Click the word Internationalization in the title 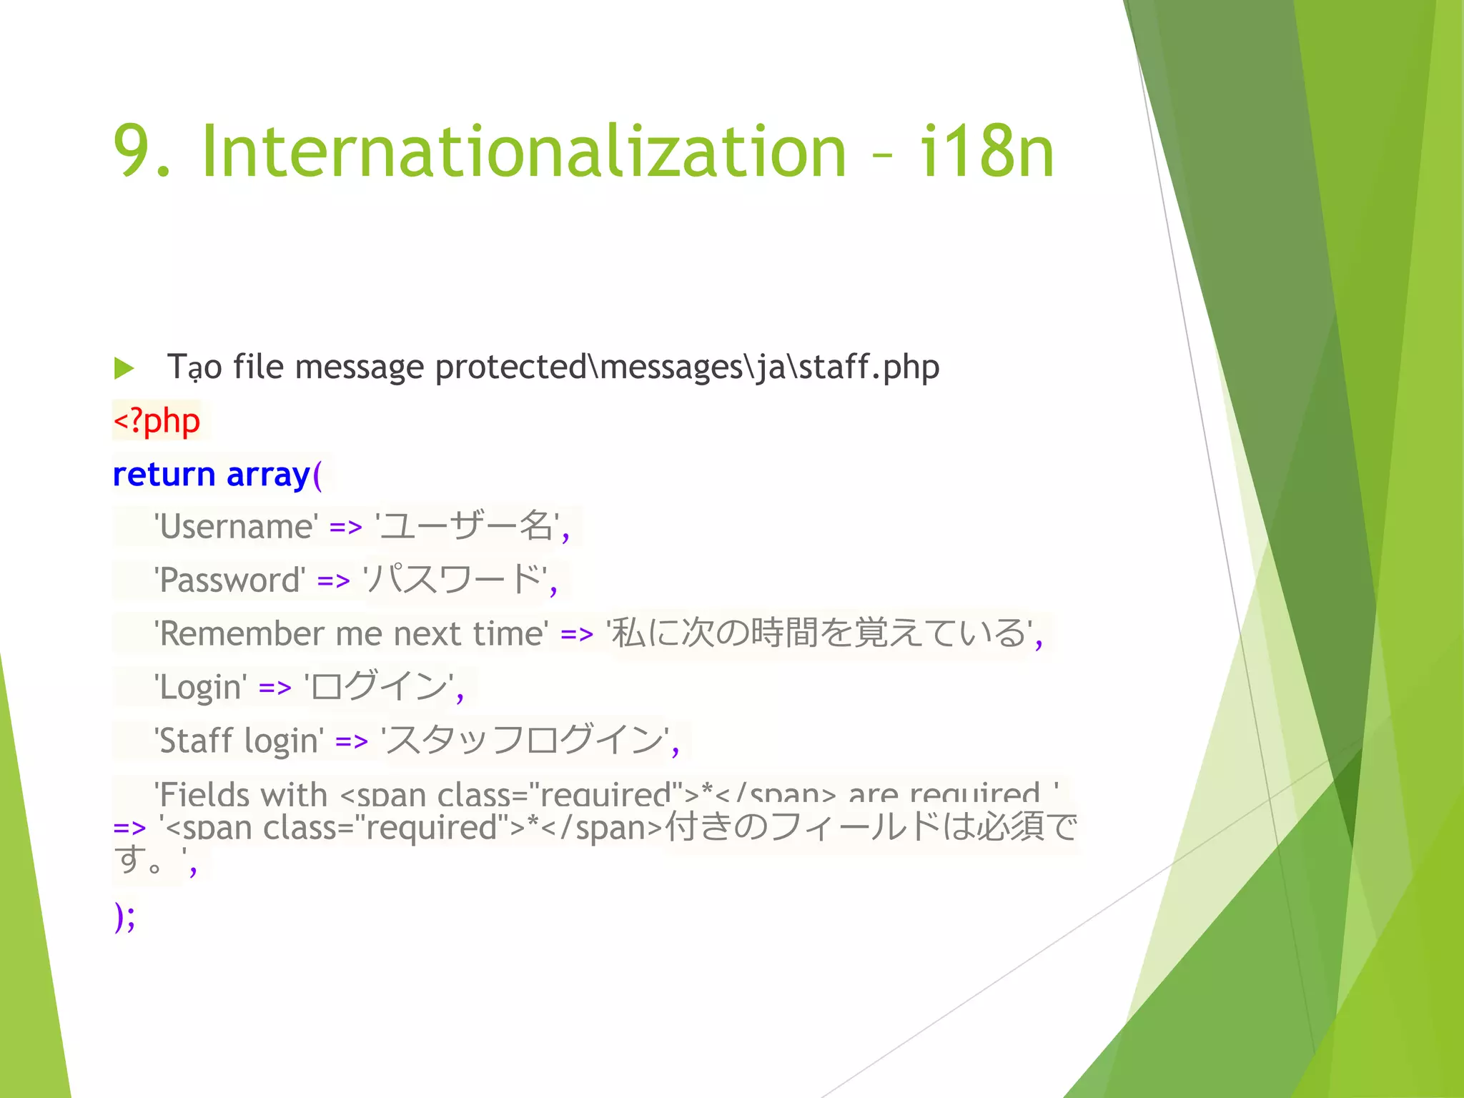point(524,152)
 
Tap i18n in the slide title point(986,152)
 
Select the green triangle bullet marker point(124,369)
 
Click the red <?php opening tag point(157,421)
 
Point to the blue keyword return point(164,475)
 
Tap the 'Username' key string point(237,527)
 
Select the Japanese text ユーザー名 point(465,526)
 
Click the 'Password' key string point(230,580)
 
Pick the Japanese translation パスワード point(453,579)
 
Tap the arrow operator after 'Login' point(275,688)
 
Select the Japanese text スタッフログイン point(525,740)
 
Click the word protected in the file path point(510,367)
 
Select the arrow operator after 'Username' point(346,528)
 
